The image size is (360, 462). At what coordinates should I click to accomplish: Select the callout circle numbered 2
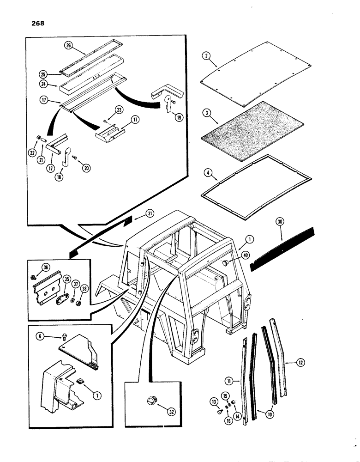point(207,56)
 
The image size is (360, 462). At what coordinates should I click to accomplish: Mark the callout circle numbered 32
point(159,407)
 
